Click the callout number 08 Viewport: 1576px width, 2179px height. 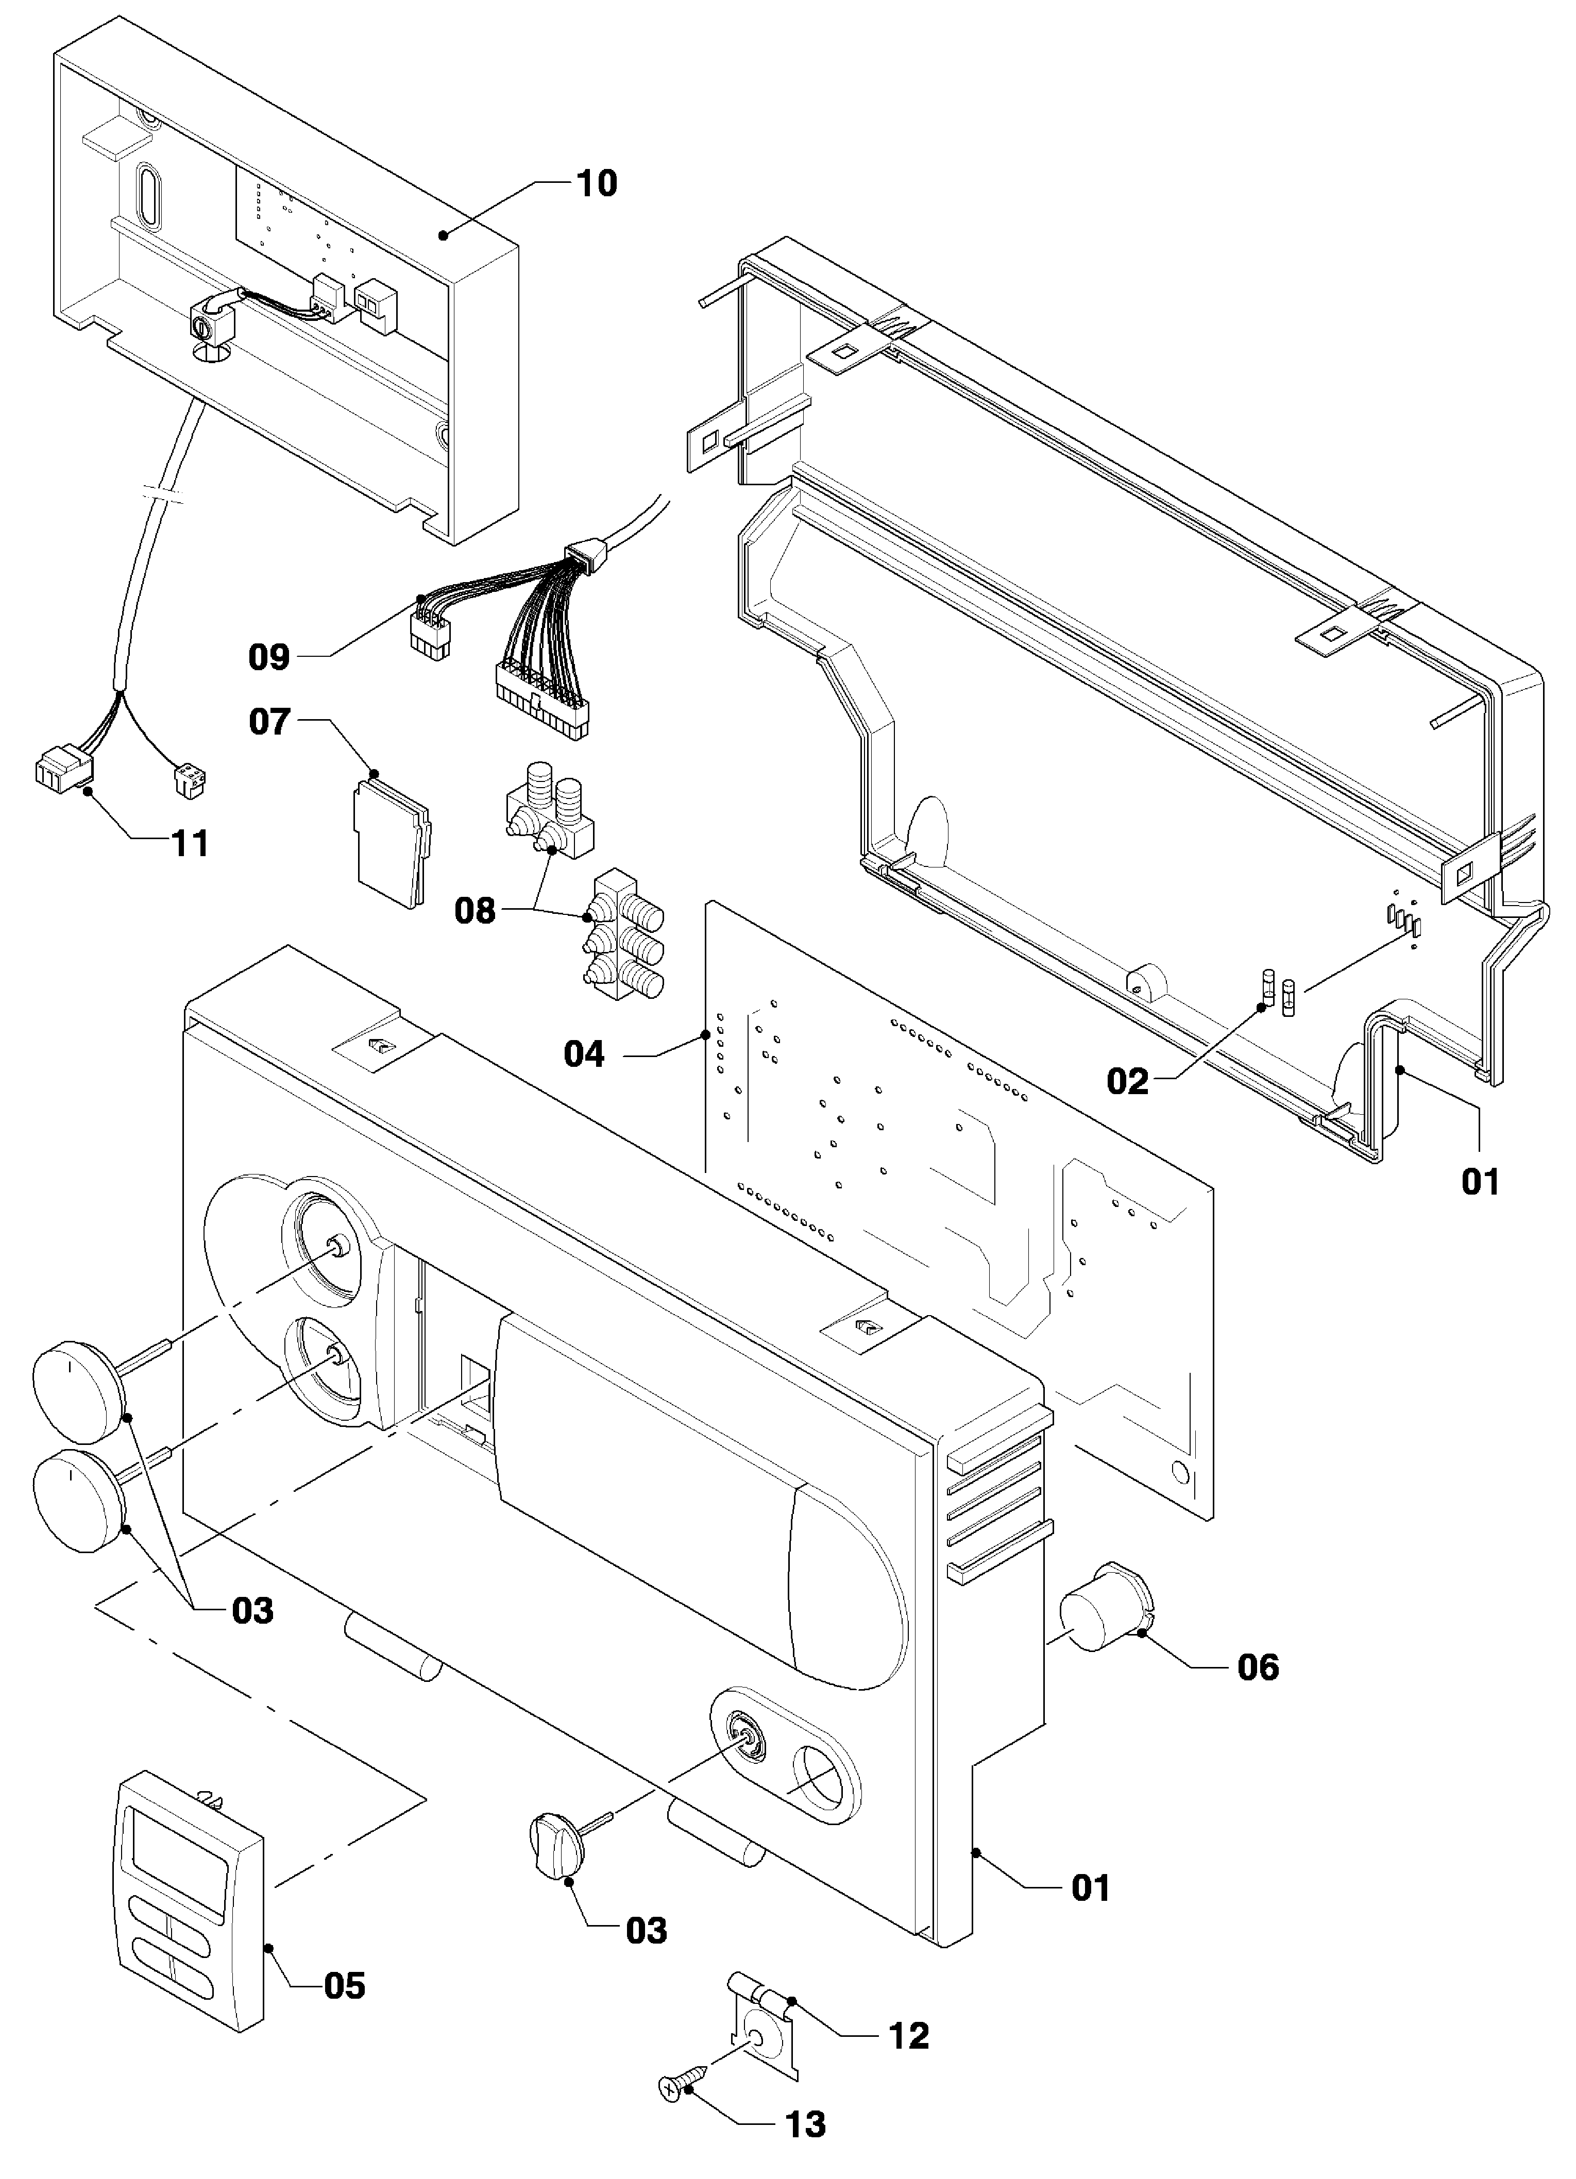(x=475, y=910)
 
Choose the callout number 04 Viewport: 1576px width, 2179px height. (x=584, y=1054)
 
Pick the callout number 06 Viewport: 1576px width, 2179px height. (x=1258, y=1667)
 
